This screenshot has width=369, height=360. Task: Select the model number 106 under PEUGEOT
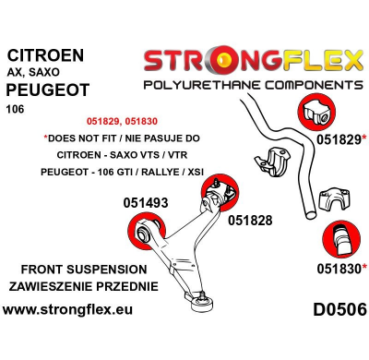[19, 113]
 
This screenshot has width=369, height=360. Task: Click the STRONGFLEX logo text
[252, 63]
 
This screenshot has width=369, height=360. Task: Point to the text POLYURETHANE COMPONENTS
[252, 85]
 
